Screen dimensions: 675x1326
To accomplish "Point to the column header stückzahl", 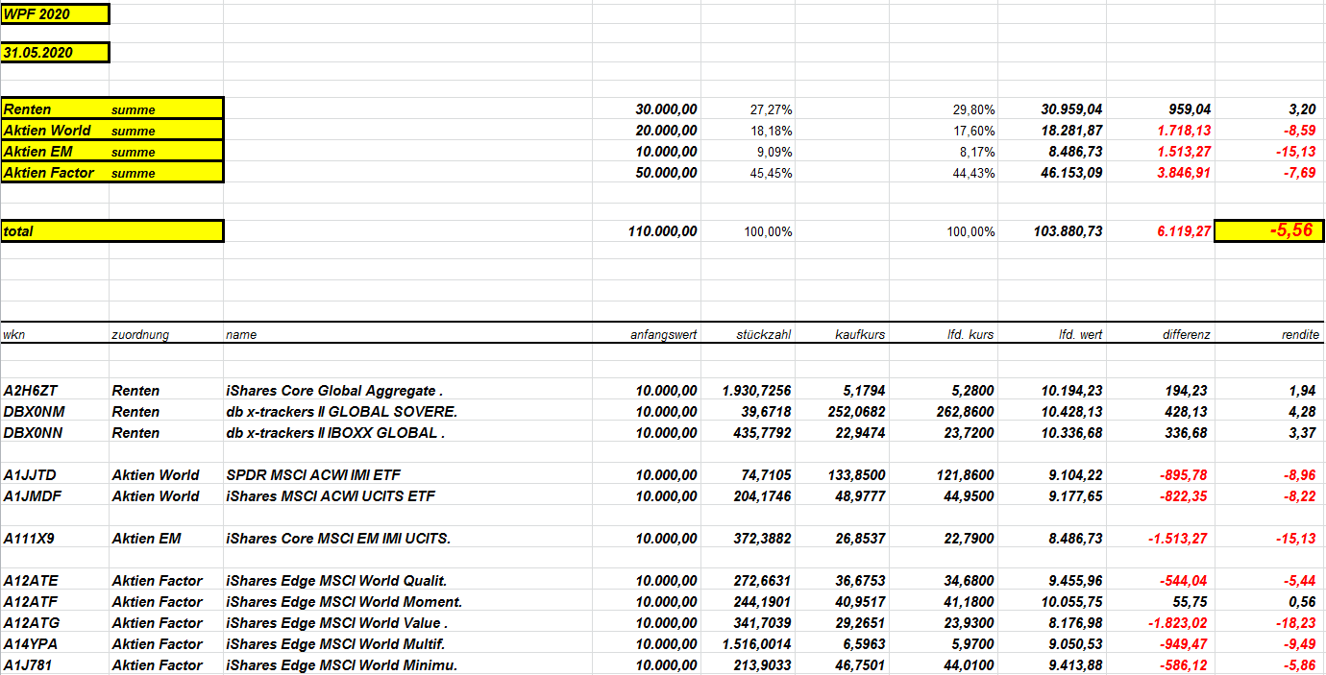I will [x=764, y=335].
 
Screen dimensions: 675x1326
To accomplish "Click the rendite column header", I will [x=1300, y=335].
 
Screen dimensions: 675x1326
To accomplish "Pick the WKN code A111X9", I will [x=29, y=539].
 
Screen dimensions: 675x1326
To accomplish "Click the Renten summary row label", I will [x=28, y=109].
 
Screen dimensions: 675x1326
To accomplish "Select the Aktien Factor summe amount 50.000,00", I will [x=666, y=173].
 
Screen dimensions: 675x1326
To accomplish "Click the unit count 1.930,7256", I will [x=757, y=391].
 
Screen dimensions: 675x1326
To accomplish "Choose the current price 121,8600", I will [x=963, y=475].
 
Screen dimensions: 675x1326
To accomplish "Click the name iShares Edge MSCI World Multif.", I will [x=335, y=644].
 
